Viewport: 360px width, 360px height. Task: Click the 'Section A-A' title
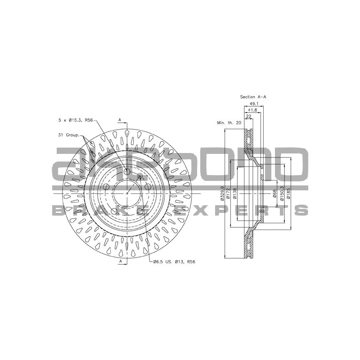[x=253, y=97]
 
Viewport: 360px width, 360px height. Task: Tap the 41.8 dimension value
[x=252, y=110]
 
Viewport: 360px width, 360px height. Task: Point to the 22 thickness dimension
[x=248, y=117]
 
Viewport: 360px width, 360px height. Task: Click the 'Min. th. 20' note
[x=229, y=122]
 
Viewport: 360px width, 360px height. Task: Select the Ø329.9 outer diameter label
[x=223, y=193]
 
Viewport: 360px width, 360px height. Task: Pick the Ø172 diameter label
[x=229, y=193]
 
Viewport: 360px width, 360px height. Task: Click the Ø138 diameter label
[x=235, y=193]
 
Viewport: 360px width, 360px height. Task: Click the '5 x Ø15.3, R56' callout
[x=76, y=121]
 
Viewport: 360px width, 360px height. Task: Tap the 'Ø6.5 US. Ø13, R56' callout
[x=174, y=261]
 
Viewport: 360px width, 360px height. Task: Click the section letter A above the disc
[x=120, y=120]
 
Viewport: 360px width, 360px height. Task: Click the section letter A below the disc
[x=120, y=261]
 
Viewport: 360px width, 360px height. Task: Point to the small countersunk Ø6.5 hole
[x=139, y=176]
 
